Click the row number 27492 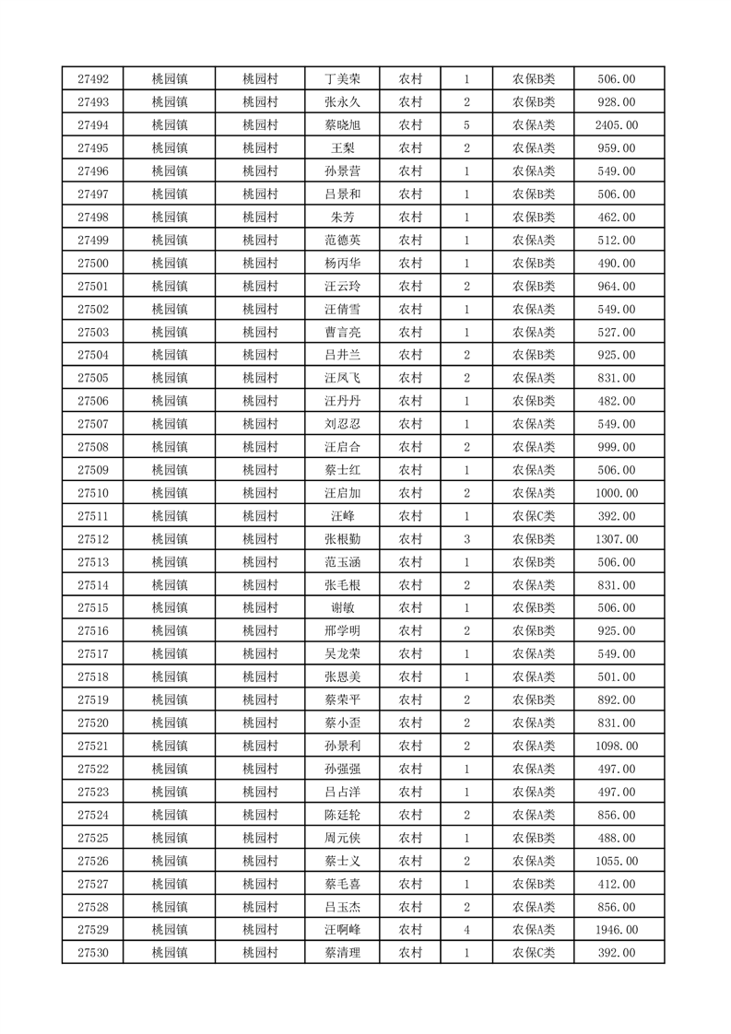[93, 79]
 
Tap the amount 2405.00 [617, 125]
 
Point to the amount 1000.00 [617, 493]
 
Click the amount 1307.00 [617, 539]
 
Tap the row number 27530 [93, 953]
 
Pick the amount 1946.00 [617, 930]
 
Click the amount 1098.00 [617, 746]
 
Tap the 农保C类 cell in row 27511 [533, 516]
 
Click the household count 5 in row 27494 [467, 125]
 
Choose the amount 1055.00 [617, 861]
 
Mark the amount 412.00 [617, 884]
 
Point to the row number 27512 [93, 539]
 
